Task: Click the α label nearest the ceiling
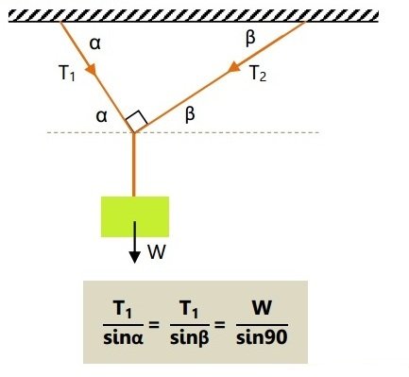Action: (95, 43)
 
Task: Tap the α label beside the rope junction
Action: (101, 116)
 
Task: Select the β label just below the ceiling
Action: (250, 40)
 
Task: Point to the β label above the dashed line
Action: (190, 115)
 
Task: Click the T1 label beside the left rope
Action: (67, 73)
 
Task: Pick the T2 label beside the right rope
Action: (258, 74)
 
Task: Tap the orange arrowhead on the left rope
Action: (92, 70)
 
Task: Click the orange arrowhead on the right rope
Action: (234, 67)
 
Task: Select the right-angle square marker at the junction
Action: (136, 121)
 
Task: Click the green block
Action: (135, 216)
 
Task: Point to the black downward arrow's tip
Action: (135, 263)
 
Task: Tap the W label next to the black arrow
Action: (157, 252)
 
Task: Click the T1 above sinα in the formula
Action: (123, 309)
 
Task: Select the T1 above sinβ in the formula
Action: (190, 309)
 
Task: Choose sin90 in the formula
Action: (262, 337)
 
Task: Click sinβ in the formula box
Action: (190, 338)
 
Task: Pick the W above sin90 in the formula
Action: (262, 308)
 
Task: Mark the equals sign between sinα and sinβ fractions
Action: (154, 324)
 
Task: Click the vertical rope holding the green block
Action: (134, 164)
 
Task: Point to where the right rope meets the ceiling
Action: (305, 22)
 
